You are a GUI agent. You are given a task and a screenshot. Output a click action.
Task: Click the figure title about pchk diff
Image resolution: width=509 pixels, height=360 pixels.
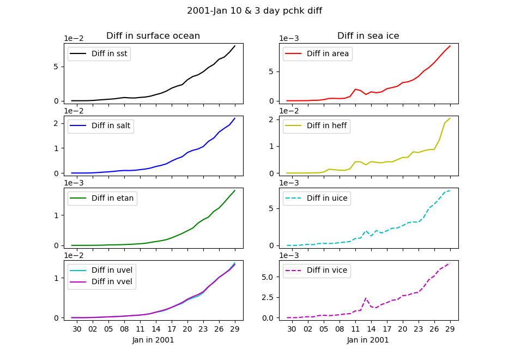(x=254, y=11)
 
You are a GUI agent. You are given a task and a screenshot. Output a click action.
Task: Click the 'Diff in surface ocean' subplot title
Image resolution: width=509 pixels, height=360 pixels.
(x=153, y=36)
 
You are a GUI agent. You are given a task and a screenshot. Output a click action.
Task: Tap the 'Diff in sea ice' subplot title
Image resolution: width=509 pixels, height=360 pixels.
(x=368, y=36)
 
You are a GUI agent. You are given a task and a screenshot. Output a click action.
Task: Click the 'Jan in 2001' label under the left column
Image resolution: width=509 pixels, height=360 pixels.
(x=153, y=340)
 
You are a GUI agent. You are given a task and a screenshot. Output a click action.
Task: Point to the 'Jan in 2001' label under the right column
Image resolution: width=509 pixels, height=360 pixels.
(x=368, y=340)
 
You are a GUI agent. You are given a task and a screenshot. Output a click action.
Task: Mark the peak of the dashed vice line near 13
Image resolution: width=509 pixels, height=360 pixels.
(x=366, y=298)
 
